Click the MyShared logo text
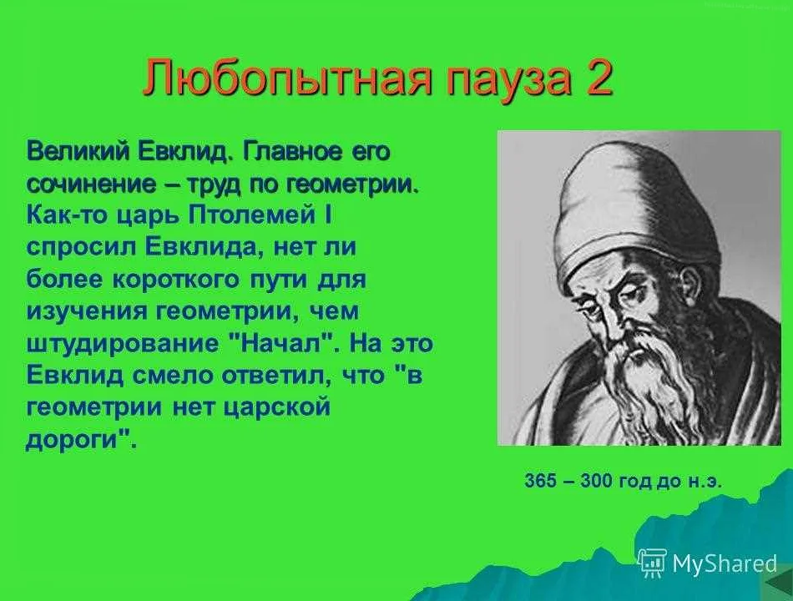[x=725, y=563]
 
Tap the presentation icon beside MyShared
[x=652, y=562]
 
